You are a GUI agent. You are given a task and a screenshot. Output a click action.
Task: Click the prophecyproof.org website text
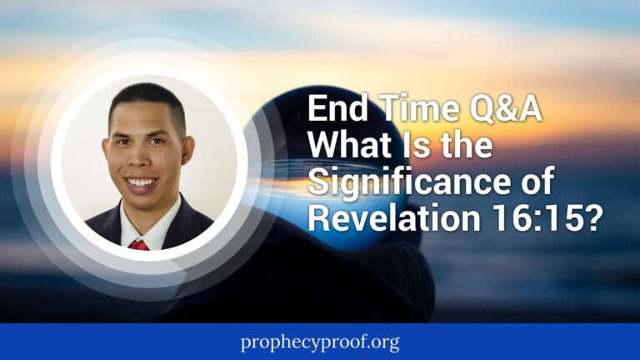319,342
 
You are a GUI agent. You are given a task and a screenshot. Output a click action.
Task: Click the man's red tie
139,244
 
